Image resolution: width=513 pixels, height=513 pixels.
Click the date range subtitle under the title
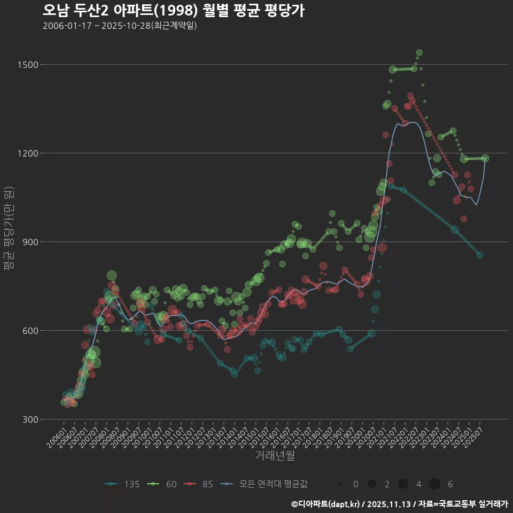[120, 26]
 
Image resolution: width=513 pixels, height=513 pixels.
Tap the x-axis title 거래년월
[275, 456]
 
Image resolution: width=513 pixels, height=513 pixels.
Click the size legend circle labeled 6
[434, 484]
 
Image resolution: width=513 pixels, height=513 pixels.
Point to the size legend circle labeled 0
[340, 484]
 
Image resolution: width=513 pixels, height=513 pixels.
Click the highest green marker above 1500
[419, 53]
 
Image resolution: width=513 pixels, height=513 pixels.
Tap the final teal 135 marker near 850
[480, 255]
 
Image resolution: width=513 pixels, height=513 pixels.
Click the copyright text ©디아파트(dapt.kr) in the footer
[326, 504]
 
